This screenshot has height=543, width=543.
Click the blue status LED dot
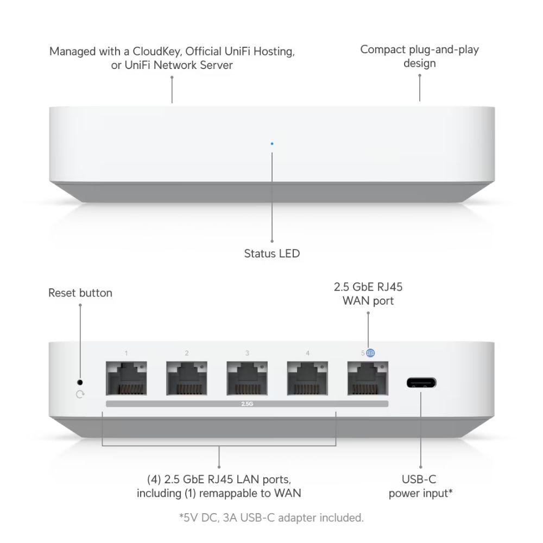pos(272,144)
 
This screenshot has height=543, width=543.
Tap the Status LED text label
pos(271,254)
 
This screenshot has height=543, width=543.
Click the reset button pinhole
pos(80,382)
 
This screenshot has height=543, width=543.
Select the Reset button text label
pos(80,293)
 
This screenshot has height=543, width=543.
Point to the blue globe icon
pos(371,353)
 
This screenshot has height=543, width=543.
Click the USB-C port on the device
pos(421,382)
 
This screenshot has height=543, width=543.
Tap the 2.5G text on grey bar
pos(247,404)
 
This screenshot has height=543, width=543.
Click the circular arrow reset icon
pos(80,395)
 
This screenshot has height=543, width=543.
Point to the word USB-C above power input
pos(419,479)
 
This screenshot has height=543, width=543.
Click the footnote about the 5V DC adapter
pos(271,517)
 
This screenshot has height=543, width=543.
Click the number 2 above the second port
pos(187,353)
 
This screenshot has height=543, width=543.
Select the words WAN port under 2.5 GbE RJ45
pos(368,300)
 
